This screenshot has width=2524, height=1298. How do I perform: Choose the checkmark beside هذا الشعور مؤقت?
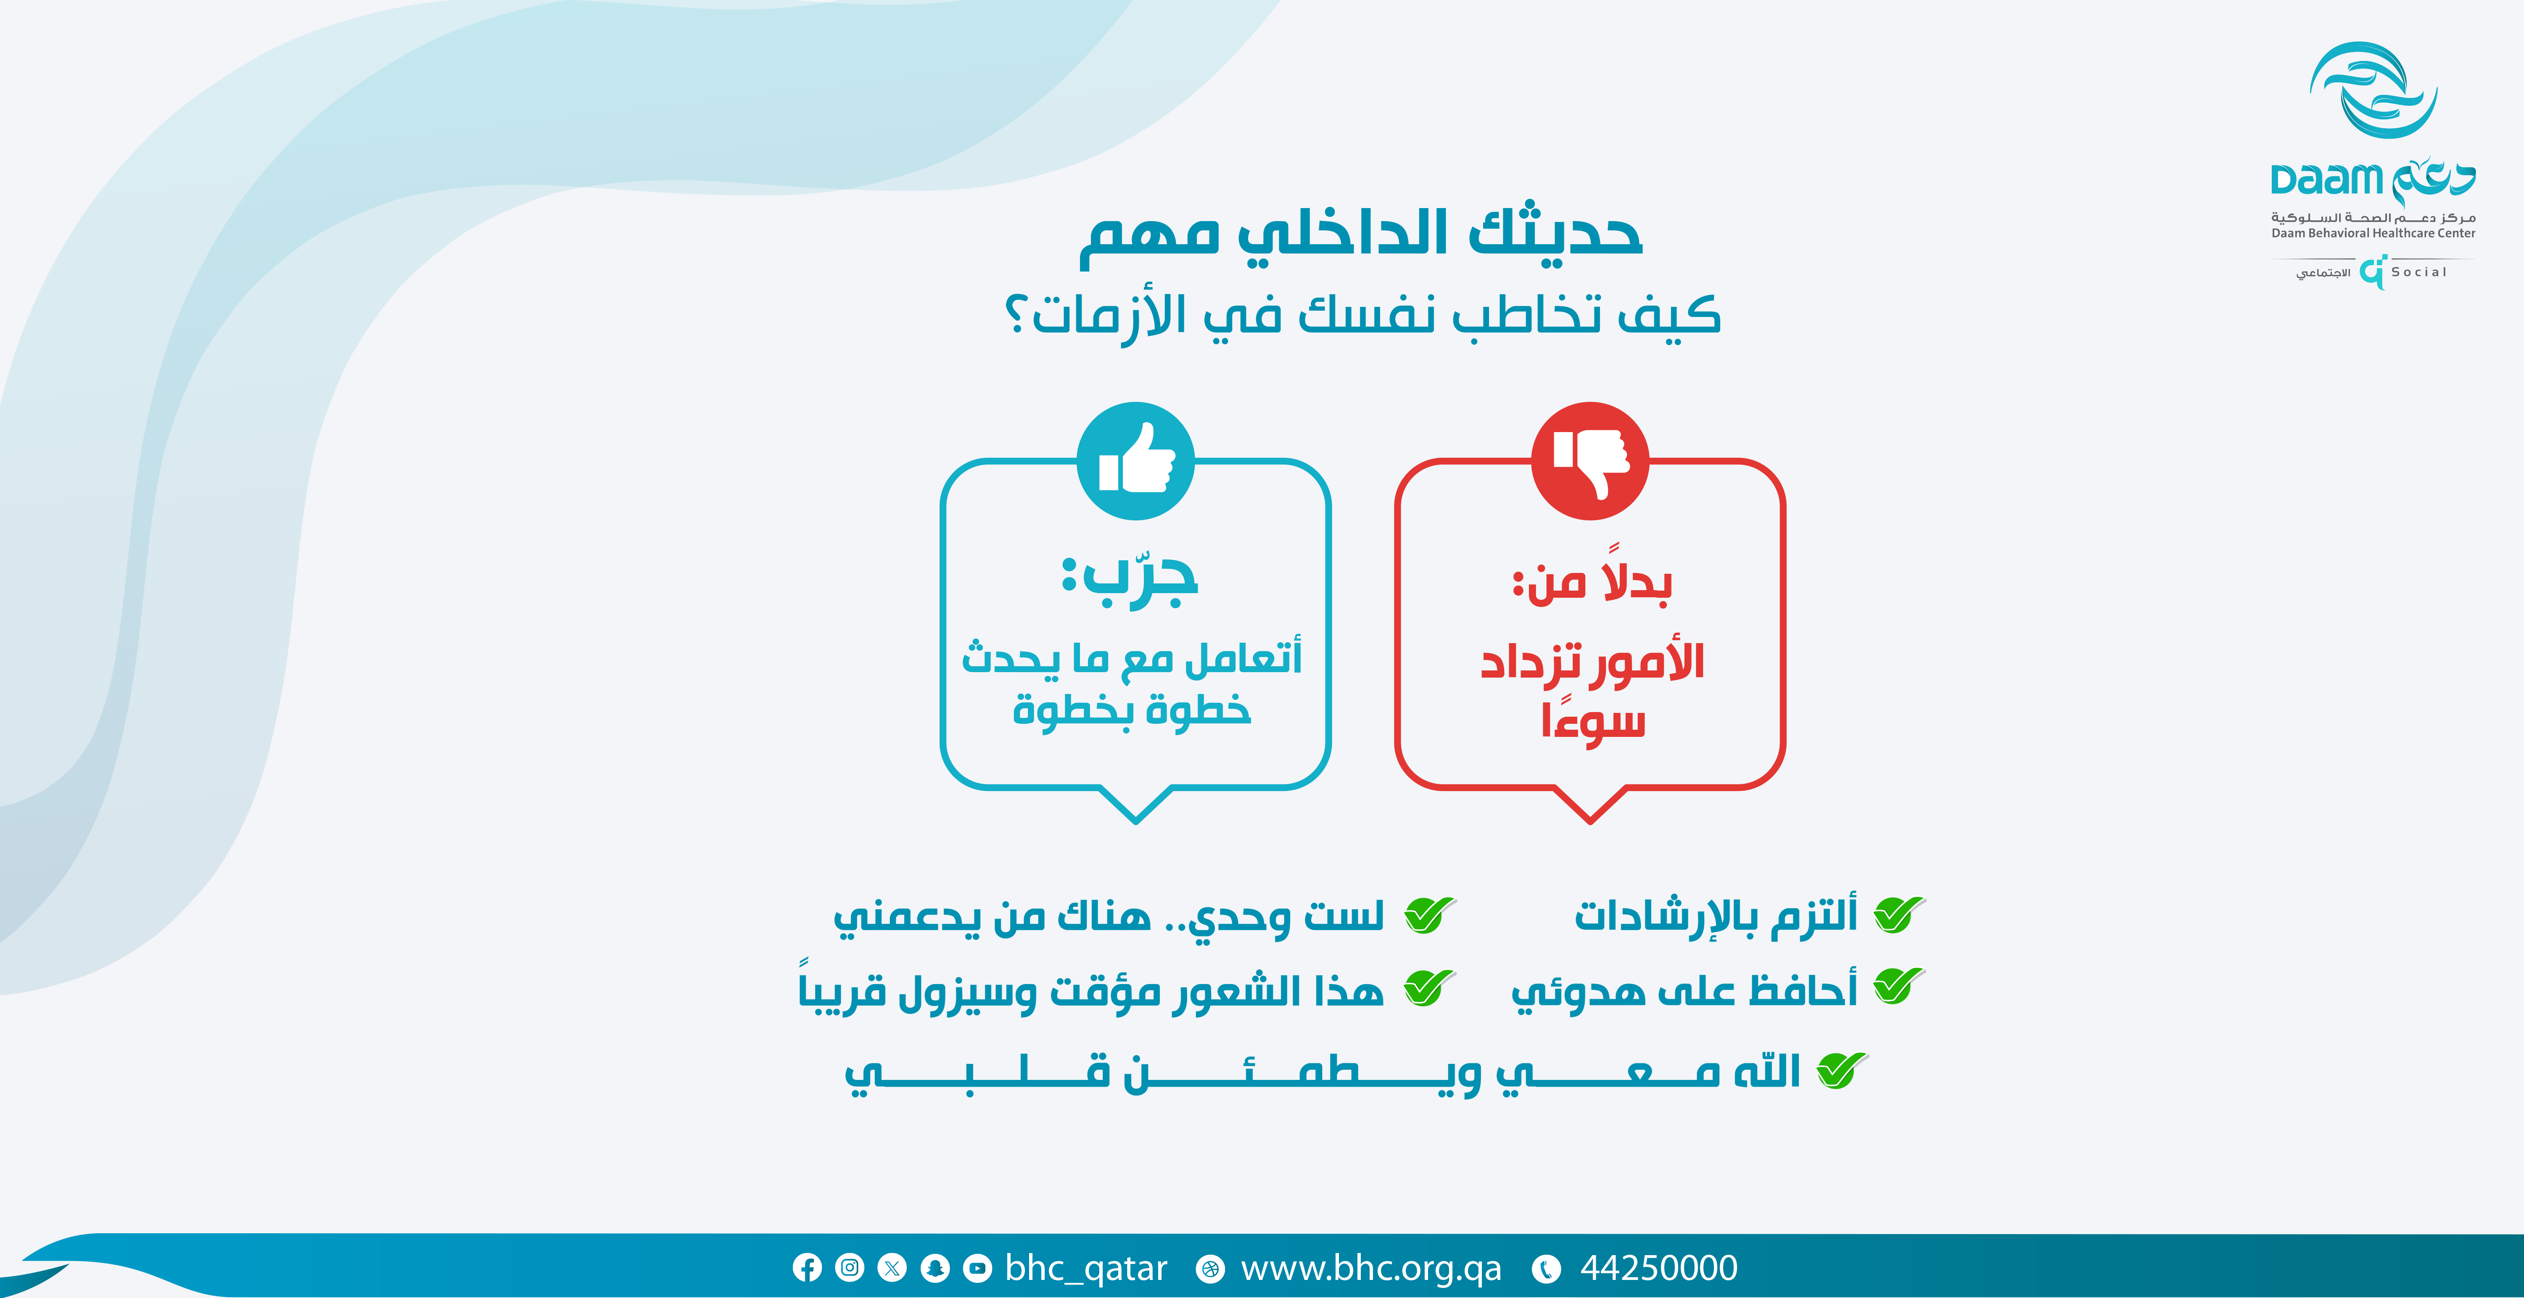point(1430,987)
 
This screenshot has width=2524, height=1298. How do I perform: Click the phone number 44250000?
point(1659,1268)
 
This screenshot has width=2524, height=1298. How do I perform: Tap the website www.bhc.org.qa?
point(1371,1268)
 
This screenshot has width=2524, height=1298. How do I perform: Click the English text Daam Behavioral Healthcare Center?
point(2373,233)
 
